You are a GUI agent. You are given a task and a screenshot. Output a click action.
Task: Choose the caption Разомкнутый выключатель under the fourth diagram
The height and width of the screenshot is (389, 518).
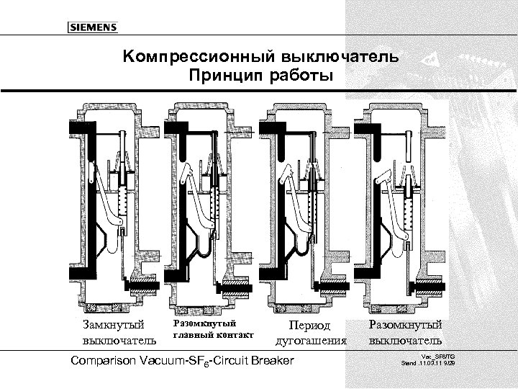(406, 332)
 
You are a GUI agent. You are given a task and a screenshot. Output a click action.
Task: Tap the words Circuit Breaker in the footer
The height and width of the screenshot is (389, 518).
(262, 359)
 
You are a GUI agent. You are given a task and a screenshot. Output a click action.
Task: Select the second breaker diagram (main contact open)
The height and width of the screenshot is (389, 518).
(208, 205)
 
